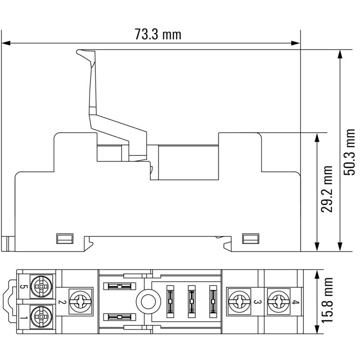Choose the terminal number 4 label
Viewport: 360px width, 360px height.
[294, 302]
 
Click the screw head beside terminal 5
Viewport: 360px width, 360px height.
[41, 287]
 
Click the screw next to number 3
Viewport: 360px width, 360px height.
[238, 301]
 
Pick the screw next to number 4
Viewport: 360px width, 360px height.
[277, 301]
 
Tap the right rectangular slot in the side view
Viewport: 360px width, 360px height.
[250, 238]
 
